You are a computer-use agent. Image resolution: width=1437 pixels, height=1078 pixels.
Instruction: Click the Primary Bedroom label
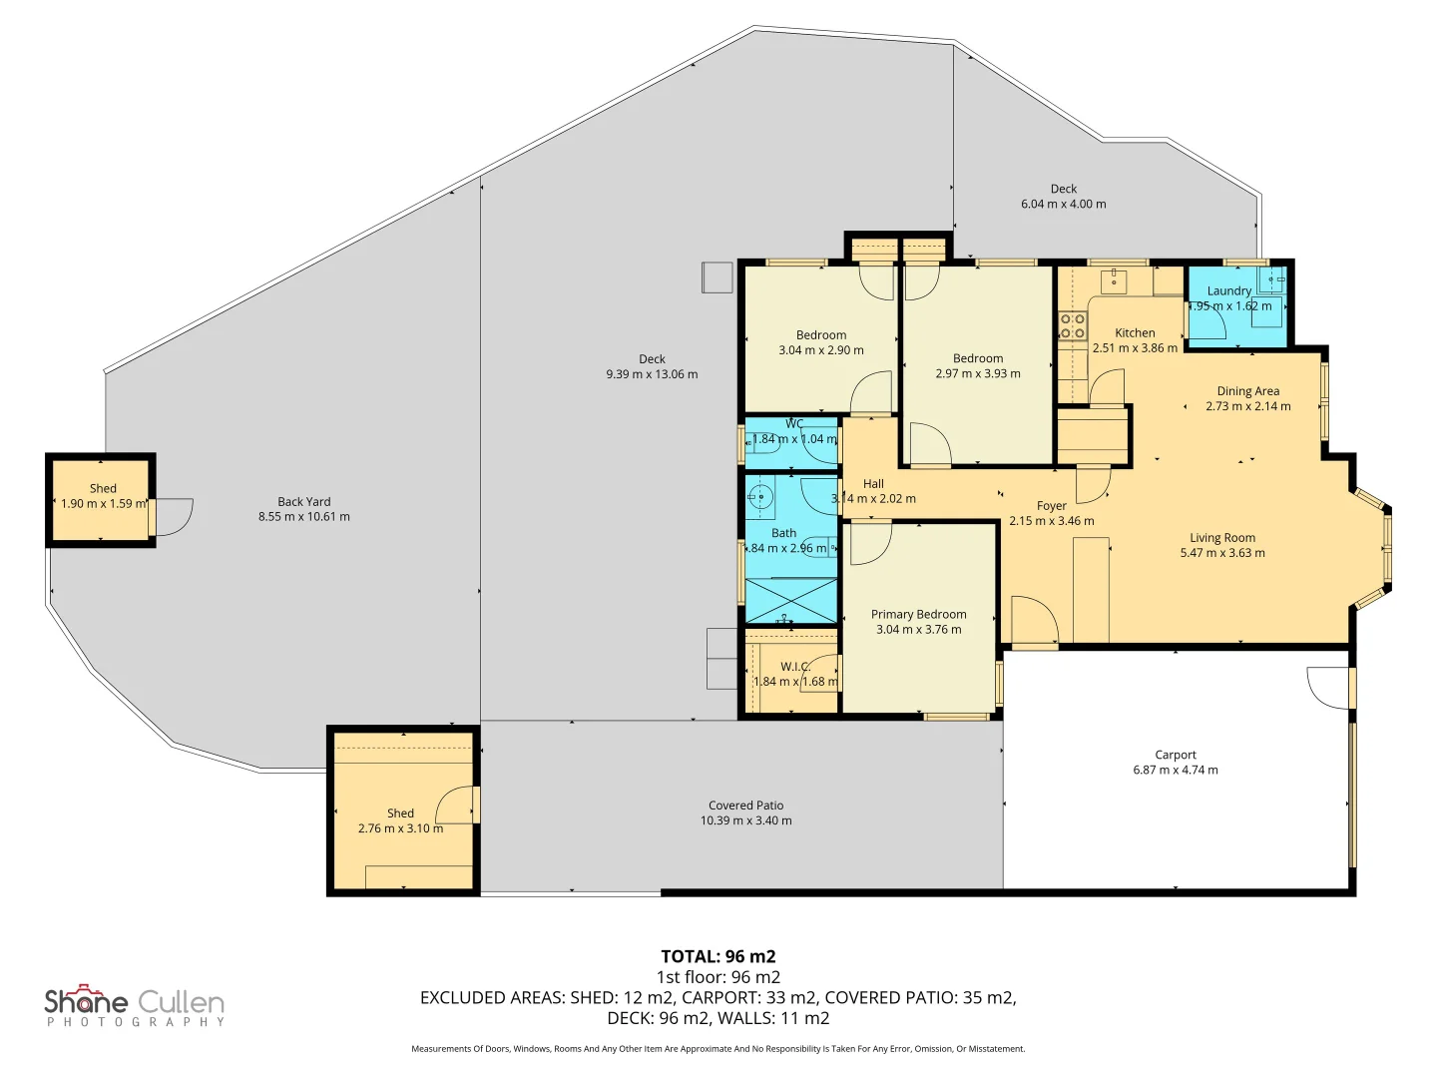(918, 615)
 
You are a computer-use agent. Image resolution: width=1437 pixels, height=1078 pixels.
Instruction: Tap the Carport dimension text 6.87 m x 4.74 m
(1175, 771)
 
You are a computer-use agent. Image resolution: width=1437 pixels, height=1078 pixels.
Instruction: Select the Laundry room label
(1228, 291)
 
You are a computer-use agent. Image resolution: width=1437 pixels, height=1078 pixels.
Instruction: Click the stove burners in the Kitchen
(1073, 326)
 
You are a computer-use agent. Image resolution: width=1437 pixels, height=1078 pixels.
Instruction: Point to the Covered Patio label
(745, 806)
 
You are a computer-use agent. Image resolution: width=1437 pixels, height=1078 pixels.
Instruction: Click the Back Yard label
(303, 502)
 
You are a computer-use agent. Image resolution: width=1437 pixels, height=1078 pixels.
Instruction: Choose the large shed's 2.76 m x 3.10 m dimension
(400, 828)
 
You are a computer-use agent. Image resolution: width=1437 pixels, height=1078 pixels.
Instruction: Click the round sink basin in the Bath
(760, 496)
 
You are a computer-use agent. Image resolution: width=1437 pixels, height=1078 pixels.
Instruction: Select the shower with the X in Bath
(791, 601)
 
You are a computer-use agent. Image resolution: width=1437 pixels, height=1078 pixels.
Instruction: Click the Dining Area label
(1247, 391)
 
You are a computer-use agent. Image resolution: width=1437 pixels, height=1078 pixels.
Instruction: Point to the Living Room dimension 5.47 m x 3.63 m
(1221, 553)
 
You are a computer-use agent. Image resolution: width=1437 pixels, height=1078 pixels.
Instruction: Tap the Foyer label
(1051, 506)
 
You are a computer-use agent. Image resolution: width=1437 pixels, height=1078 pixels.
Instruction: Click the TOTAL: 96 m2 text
(718, 956)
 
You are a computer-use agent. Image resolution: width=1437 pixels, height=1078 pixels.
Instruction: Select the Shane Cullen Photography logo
(135, 1005)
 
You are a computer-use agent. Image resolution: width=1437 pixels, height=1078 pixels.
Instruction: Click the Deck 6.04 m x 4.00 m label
(1063, 196)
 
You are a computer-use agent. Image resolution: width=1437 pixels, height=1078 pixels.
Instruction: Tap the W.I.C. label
(794, 667)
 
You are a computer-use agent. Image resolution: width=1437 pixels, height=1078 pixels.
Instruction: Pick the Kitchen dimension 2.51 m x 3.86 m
(1135, 348)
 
